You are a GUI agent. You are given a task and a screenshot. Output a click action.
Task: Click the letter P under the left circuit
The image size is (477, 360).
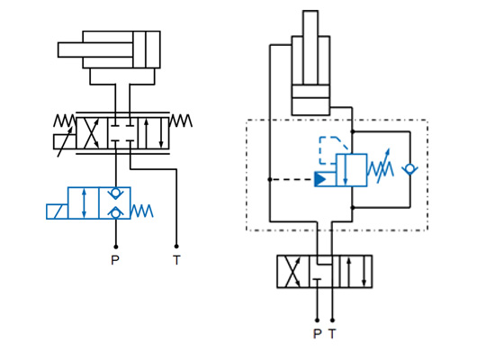tap(114, 260)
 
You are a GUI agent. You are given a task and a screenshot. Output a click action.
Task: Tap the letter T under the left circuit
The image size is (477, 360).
tap(176, 260)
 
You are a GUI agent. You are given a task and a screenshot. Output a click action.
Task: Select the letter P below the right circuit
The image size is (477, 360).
tap(317, 334)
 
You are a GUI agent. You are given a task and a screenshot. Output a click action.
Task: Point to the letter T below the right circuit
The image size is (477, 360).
tap(333, 334)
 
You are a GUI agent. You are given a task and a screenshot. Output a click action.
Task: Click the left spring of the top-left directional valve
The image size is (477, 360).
tap(65, 121)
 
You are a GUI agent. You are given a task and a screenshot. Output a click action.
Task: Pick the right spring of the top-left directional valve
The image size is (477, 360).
tap(181, 121)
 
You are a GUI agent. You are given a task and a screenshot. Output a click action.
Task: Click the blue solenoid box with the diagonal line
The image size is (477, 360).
tap(58, 211)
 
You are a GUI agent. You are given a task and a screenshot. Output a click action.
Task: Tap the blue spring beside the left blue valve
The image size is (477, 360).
tap(142, 211)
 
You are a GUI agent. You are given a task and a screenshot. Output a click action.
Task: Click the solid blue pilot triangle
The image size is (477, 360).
tap(321, 179)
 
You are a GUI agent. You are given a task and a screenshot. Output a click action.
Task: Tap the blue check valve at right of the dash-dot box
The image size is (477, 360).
tap(410, 169)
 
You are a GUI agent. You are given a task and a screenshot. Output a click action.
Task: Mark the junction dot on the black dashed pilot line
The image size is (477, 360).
tap(270, 179)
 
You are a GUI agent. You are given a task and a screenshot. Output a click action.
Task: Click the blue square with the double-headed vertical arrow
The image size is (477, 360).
tap(83, 202)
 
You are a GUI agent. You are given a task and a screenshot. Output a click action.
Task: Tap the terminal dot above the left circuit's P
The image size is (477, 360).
tap(115, 246)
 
